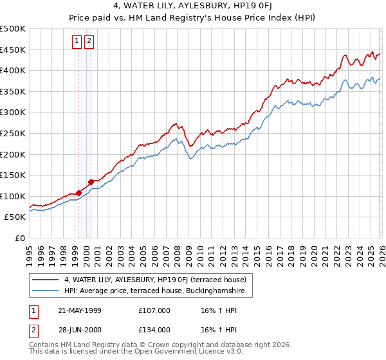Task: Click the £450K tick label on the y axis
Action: (x=13, y=50)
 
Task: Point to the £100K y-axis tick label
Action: (x=13, y=196)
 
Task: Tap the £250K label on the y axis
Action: (x=13, y=133)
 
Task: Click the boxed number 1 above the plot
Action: (x=77, y=42)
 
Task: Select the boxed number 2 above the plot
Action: (x=89, y=42)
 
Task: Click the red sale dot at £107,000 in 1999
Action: (x=78, y=193)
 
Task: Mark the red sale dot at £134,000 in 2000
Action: (x=91, y=181)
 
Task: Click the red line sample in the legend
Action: (x=46, y=280)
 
